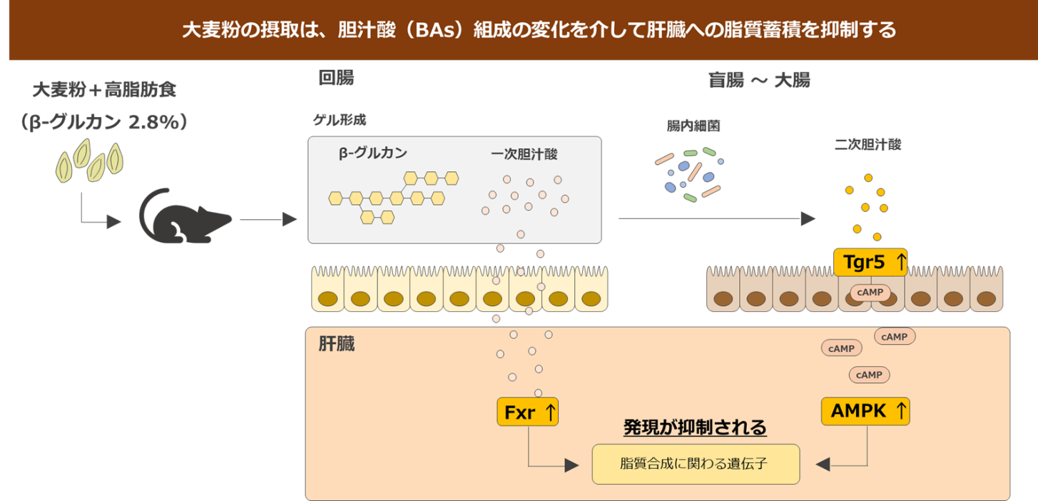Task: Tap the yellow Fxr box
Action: tap(527, 412)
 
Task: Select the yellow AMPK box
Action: tap(865, 411)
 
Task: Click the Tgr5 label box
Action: tap(871, 262)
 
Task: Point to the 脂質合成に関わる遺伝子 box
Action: tap(696, 464)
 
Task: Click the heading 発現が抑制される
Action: tap(695, 427)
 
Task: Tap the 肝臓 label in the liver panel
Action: tap(337, 345)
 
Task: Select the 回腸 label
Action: tap(336, 78)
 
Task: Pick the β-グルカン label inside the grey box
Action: tap(372, 153)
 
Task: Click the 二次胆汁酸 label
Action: tap(867, 144)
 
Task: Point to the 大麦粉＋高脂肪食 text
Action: tap(104, 91)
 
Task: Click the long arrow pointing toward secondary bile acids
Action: tap(716, 218)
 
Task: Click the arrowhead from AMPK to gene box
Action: tap(823, 464)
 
